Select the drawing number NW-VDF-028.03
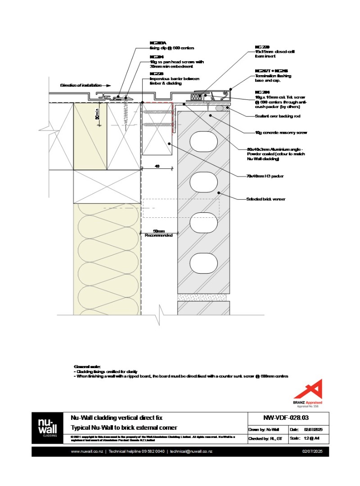pyautogui.click(x=288, y=417)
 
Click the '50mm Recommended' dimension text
pyautogui.click(x=159, y=233)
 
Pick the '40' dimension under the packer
pyautogui.click(x=157, y=166)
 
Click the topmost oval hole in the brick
pyautogui.click(x=203, y=142)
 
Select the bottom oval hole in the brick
pyautogui.click(x=203, y=263)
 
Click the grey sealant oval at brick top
pyautogui.click(x=220, y=108)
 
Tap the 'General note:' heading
pyautogui.click(x=88, y=367)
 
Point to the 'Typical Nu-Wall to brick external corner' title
pyautogui.click(x=124, y=427)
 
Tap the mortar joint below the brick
pyautogui.click(x=203, y=297)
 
